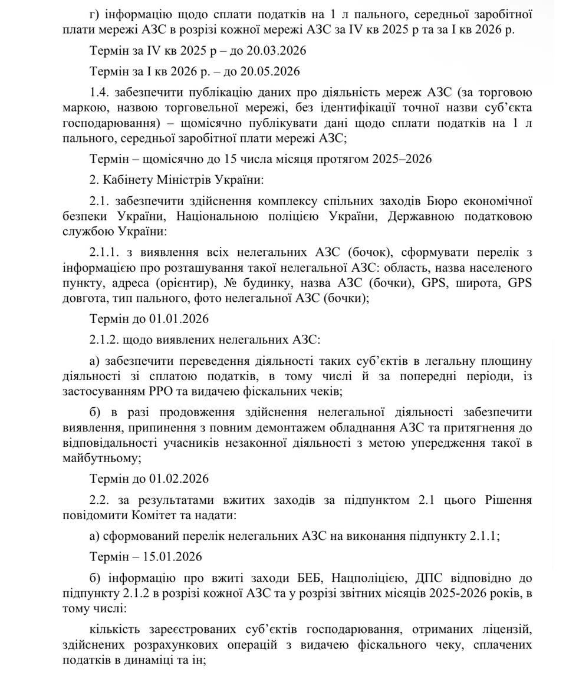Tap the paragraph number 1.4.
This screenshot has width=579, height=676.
click(100, 93)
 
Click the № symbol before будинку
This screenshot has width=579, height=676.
click(224, 282)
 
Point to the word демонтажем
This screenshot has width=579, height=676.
click(318, 427)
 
